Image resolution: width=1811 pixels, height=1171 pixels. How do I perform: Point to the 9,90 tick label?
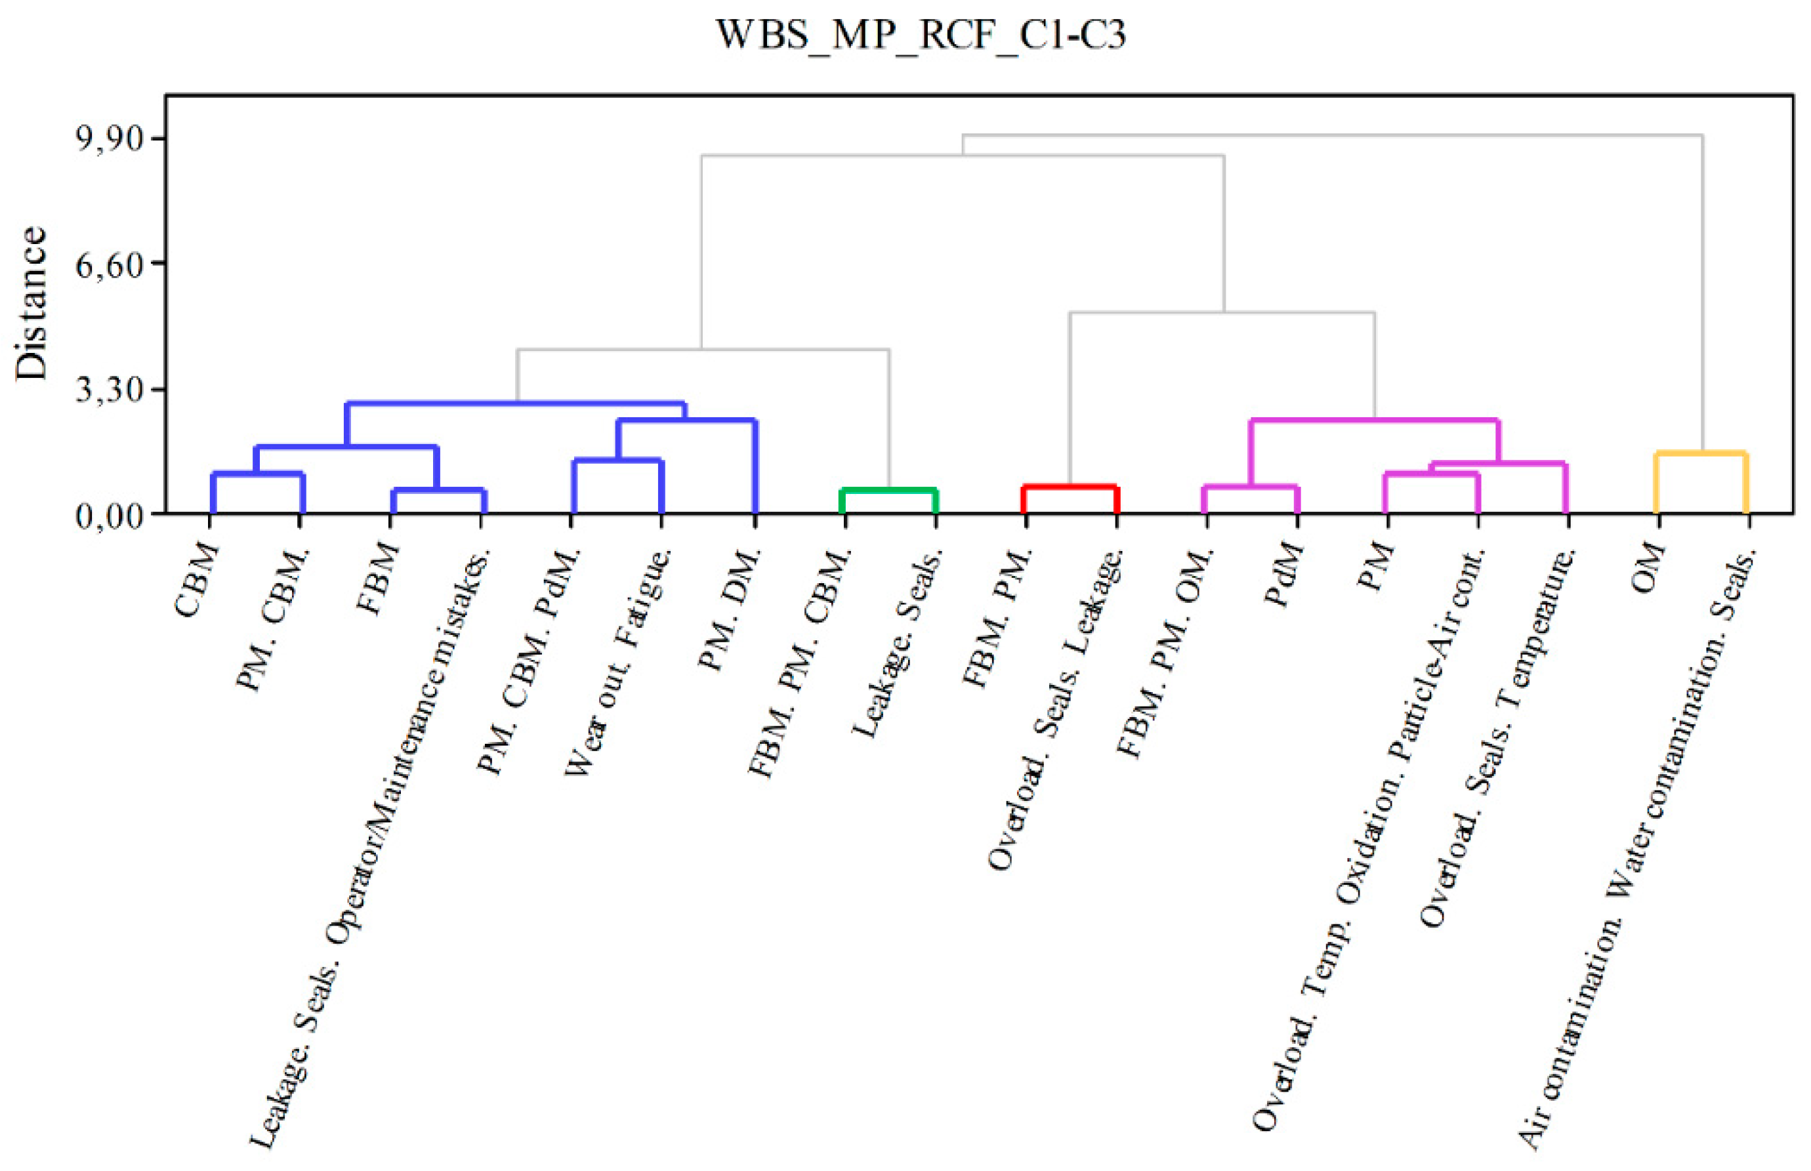pos(110,139)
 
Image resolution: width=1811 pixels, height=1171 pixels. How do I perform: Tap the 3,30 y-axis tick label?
pos(110,390)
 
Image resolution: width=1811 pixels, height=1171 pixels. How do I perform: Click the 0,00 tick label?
pos(110,516)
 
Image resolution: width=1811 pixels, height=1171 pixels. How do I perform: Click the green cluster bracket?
pos(888,491)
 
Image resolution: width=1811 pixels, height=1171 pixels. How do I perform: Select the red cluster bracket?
pos(1070,487)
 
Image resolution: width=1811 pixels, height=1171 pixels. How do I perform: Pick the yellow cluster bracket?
pos(1701,454)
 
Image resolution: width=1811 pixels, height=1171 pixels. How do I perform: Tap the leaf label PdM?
pos(1284,574)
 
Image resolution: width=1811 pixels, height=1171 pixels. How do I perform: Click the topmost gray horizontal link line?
pos(1331,135)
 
